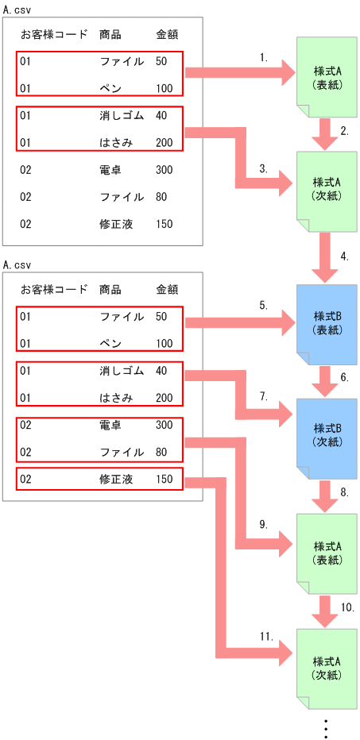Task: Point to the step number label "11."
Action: [266, 636]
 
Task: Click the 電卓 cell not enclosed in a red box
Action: [110, 170]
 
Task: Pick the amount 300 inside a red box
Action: [164, 426]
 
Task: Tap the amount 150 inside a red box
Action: [164, 480]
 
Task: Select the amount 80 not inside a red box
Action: [161, 197]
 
